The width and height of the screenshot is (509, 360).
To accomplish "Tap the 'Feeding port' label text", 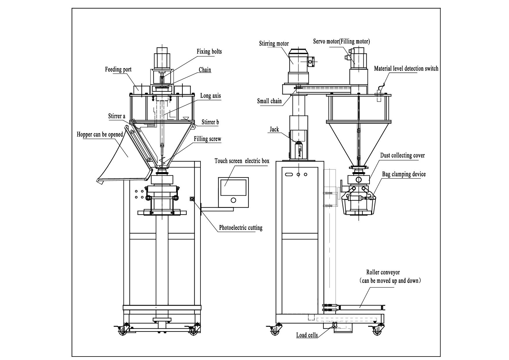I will (118, 69).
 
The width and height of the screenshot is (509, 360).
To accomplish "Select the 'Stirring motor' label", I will (274, 44).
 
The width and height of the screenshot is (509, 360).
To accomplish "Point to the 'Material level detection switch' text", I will (406, 69).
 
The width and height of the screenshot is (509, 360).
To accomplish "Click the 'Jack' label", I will (274, 129).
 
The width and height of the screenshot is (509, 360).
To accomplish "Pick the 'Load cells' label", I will (307, 335).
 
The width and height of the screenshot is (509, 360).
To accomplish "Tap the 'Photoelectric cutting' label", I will (241, 228).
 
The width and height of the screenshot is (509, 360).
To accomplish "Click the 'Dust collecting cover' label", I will (402, 156).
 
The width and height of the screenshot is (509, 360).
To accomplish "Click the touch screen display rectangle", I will (233, 187).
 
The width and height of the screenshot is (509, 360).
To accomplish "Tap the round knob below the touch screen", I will (233, 200).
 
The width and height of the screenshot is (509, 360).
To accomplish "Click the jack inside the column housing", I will (298, 150).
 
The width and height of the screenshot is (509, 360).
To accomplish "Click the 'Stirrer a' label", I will (117, 116).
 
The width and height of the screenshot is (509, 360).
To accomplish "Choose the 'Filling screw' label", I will (207, 139).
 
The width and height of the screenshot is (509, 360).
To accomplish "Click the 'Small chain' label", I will (269, 101).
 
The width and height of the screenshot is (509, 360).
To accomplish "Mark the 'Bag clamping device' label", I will (404, 174).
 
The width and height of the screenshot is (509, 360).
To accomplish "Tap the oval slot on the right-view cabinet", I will (289, 174).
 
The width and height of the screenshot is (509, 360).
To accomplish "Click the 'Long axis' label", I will (210, 96).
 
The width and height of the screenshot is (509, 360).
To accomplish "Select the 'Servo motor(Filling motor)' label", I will (341, 42).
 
